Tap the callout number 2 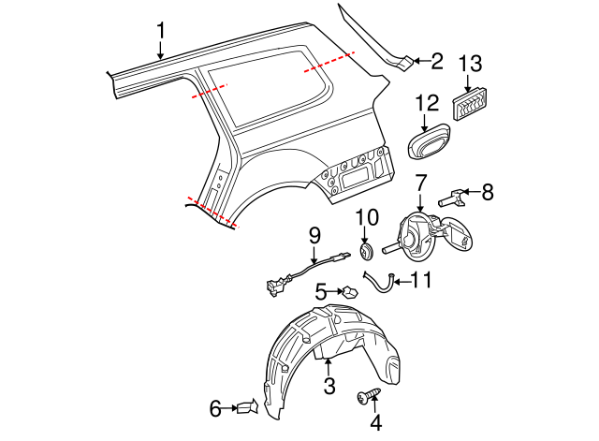click(x=436, y=62)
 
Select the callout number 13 click(x=472, y=64)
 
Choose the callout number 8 click(x=486, y=193)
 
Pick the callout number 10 click(x=367, y=218)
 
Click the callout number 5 click(x=320, y=293)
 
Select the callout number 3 click(x=329, y=385)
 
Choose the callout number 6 click(x=214, y=408)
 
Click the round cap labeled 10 click(x=366, y=250)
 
